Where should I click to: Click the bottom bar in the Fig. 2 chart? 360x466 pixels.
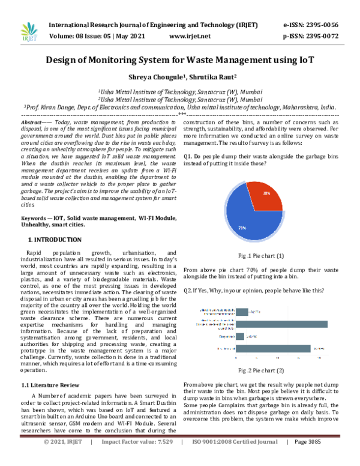pyautogui.click(x=273, y=348)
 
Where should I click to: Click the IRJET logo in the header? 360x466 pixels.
pyautogui.click(x=29, y=30)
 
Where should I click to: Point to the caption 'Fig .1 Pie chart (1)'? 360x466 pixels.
pyautogui.click(x=260, y=255)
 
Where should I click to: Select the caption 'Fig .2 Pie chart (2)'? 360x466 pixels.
pyautogui.click(x=260, y=371)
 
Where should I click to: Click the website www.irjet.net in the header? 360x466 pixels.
pyautogui.click(x=190, y=35)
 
